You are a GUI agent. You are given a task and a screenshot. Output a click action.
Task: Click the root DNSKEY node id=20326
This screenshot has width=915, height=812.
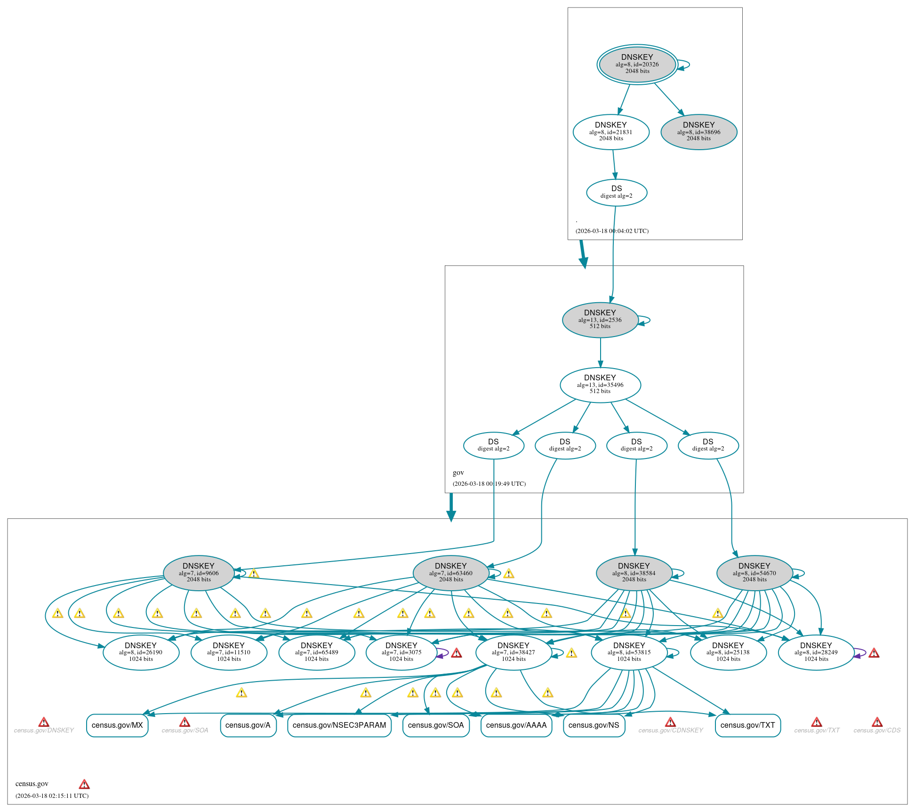click(x=637, y=64)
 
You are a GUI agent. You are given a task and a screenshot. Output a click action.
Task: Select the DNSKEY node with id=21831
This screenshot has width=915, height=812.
click(x=611, y=132)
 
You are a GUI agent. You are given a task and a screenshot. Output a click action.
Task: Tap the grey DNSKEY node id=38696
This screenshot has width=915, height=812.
click(x=699, y=132)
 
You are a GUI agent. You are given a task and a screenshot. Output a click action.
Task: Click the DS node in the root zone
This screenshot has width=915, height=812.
click(x=617, y=193)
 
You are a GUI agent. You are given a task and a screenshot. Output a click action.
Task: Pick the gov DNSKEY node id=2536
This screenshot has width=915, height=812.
click(x=600, y=320)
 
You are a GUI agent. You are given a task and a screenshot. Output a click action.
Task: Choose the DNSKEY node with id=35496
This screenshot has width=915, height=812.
click(x=600, y=385)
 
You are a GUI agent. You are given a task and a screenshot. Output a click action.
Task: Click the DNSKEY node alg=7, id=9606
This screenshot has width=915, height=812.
click(x=199, y=573)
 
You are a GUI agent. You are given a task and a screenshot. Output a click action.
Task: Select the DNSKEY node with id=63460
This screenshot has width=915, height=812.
click(x=451, y=573)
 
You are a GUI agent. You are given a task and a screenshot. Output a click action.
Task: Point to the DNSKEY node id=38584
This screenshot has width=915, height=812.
click(x=634, y=573)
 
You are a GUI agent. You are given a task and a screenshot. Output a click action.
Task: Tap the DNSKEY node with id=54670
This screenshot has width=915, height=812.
click(x=754, y=573)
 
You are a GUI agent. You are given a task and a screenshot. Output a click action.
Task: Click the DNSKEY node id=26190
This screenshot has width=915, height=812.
click(x=141, y=653)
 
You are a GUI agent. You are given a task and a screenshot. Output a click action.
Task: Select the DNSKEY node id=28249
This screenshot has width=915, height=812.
click(x=816, y=653)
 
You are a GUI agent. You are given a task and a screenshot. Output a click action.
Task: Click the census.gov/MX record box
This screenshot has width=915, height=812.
click(x=117, y=725)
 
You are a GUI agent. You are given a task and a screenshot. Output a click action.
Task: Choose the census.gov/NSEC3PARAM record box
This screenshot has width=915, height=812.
click(x=339, y=725)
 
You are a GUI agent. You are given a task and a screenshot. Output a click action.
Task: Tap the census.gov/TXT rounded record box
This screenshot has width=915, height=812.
click(x=748, y=725)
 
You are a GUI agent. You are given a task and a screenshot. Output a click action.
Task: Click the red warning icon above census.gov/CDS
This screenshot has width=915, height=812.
click(x=877, y=722)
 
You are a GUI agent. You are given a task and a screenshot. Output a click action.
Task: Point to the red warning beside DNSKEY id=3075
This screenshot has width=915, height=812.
click(x=457, y=653)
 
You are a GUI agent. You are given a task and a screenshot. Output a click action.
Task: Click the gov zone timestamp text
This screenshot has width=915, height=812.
click(x=489, y=484)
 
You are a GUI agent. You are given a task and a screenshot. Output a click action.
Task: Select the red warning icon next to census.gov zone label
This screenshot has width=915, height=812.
click(x=84, y=784)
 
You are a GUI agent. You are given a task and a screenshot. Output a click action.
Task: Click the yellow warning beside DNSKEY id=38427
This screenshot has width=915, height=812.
click(x=571, y=653)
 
